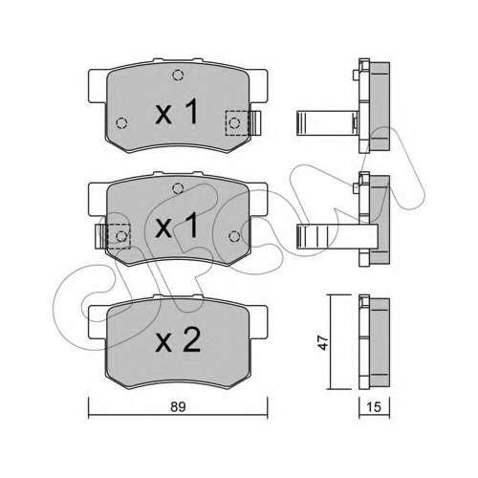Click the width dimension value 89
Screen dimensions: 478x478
click(x=178, y=406)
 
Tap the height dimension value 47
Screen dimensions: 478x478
click(x=324, y=342)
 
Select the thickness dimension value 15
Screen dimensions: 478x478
click(x=374, y=407)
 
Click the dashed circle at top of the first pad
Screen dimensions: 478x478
click(x=178, y=76)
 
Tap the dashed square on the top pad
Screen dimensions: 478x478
click(x=237, y=122)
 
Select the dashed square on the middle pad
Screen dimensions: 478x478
click(x=119, y=236)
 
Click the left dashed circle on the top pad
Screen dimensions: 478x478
click(x=121, y=122)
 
